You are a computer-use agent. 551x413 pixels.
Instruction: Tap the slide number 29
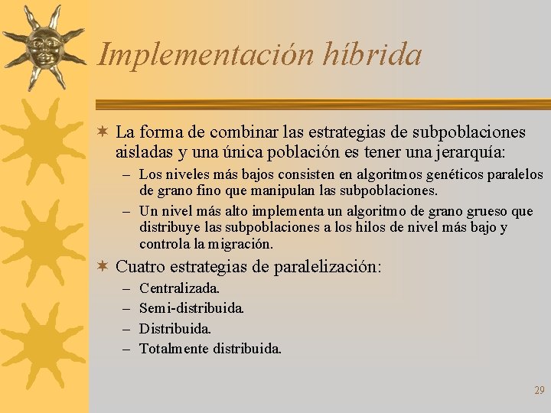(539, 390)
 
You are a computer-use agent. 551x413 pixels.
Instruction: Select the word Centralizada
(179, 289)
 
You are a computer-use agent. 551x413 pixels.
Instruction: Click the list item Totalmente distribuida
(210, 349)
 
